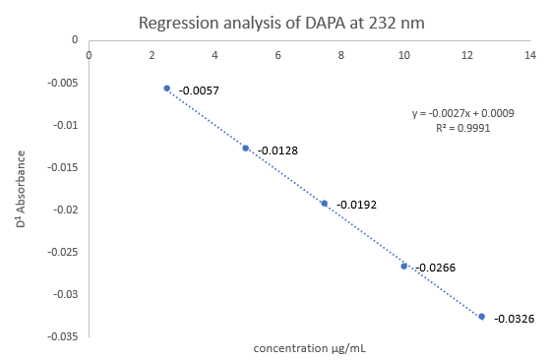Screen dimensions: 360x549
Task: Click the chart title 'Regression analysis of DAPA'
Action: tap(281, 23)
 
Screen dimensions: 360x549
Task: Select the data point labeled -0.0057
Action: tap(167, 89)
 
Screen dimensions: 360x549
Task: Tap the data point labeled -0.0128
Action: tap(246, 148)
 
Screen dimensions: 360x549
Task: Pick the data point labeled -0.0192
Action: tap(325, 203)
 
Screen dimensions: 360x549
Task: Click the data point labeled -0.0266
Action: tap(403, 266)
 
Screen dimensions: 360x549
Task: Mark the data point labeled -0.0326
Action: tap(482, 317)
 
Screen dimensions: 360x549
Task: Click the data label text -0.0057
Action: tap(197, 91)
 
